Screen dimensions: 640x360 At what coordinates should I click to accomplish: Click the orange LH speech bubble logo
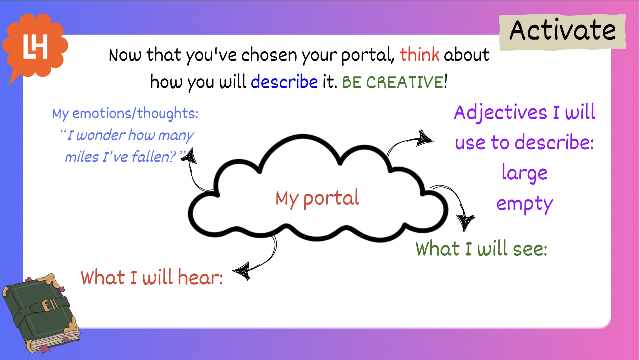click(x=35, y=47)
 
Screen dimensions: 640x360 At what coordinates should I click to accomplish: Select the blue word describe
click(x=284, y=82)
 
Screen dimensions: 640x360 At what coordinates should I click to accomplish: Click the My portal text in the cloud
click(x=317, y=199)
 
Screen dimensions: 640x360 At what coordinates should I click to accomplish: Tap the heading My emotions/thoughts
click(x=125, y=113)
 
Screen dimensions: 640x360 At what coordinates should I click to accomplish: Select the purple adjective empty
click(x=525, y=204)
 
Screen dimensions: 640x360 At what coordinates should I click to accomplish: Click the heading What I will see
click(x=481, y=249)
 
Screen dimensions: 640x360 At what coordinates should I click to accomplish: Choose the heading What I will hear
click(x=152, y=277)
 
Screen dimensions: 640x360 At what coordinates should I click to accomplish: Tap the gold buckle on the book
click(x=49, y=305)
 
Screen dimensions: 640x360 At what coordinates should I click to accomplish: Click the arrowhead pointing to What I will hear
click(x=241, y=271)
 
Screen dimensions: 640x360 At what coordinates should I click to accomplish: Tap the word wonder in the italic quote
click(x=101, y=135)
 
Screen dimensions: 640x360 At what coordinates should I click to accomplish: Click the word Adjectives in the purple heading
click(x=500, y=113)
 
